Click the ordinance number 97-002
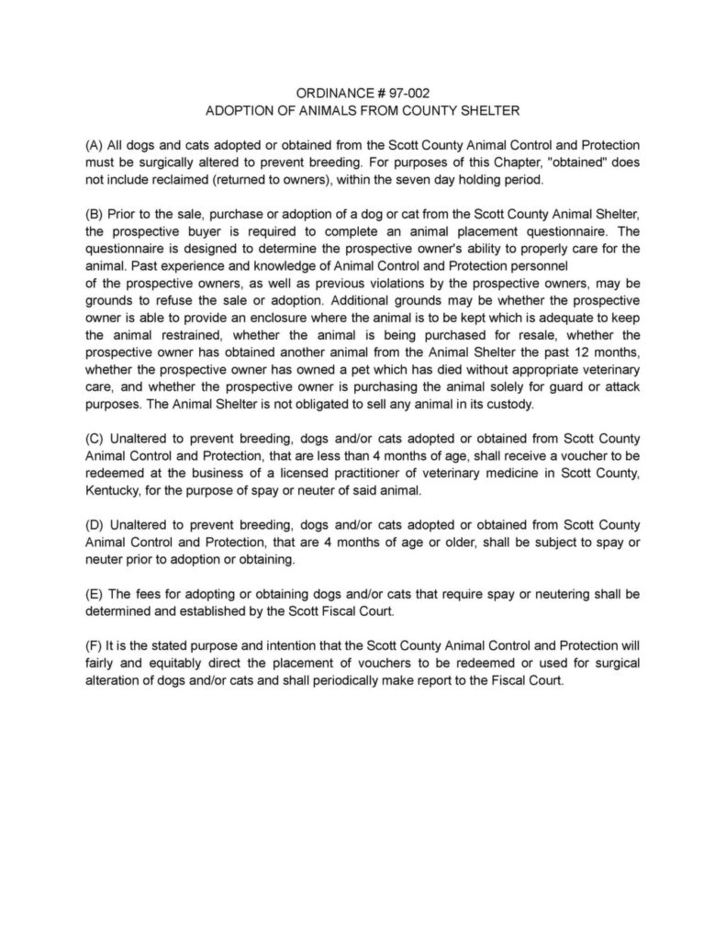pos(403,94)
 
